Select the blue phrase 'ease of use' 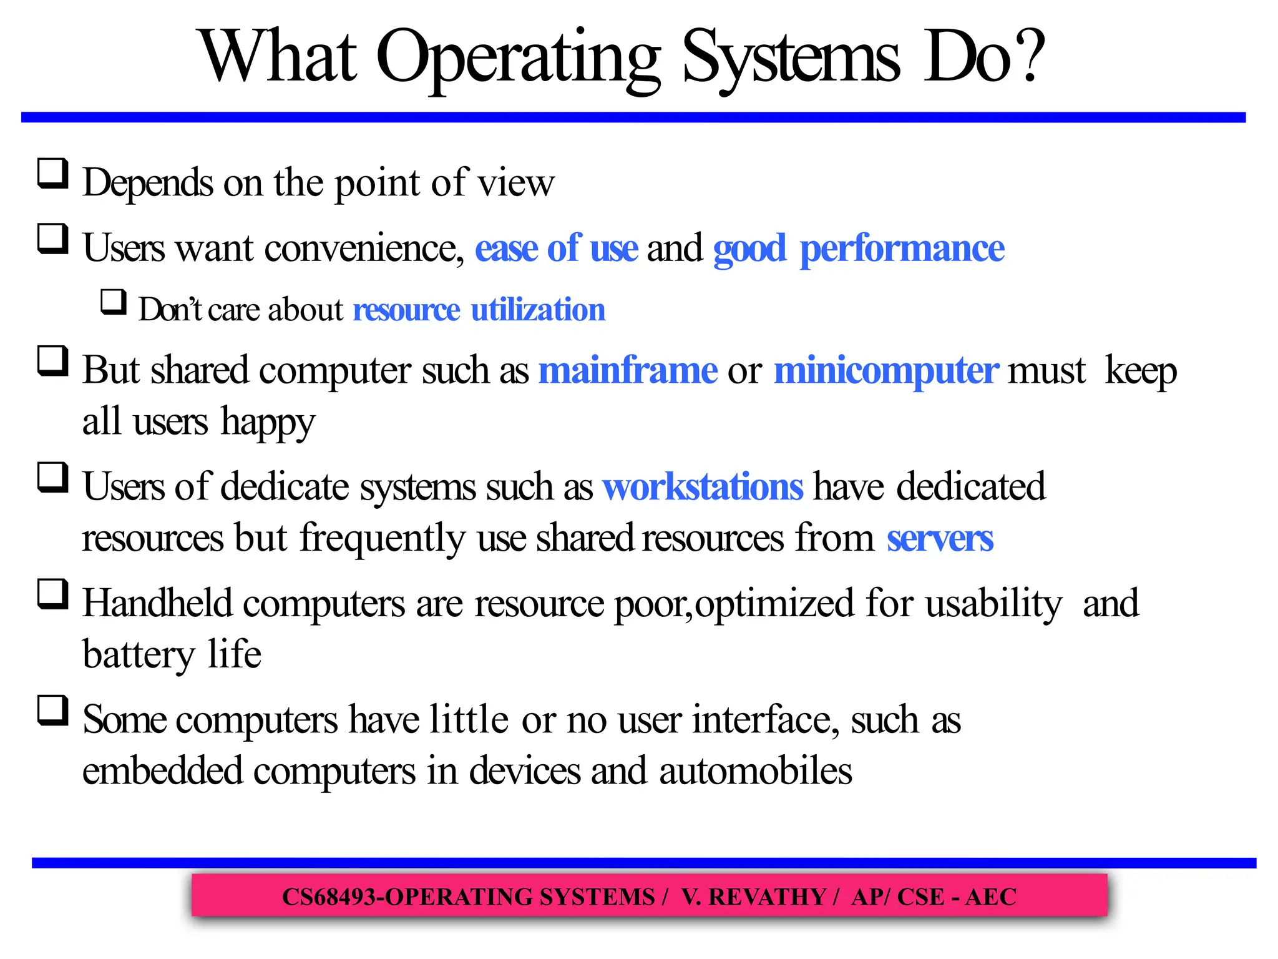click(x=556, y=248)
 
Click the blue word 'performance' click(x=902, y=248)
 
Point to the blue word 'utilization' click(x=538, y=310)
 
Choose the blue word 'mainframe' click(x=628, y=370)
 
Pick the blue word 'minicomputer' click(x=886, y=370)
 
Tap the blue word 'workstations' click(x=703, y=486)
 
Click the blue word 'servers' click(x=940, y=538)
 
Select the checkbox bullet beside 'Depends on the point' click(x=53, y=174)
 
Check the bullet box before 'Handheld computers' click(x=53, y=594)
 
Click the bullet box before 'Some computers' click(x=53, y=711)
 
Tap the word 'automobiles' click(x=755, y=770)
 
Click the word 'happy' click(x=268, y=422)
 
